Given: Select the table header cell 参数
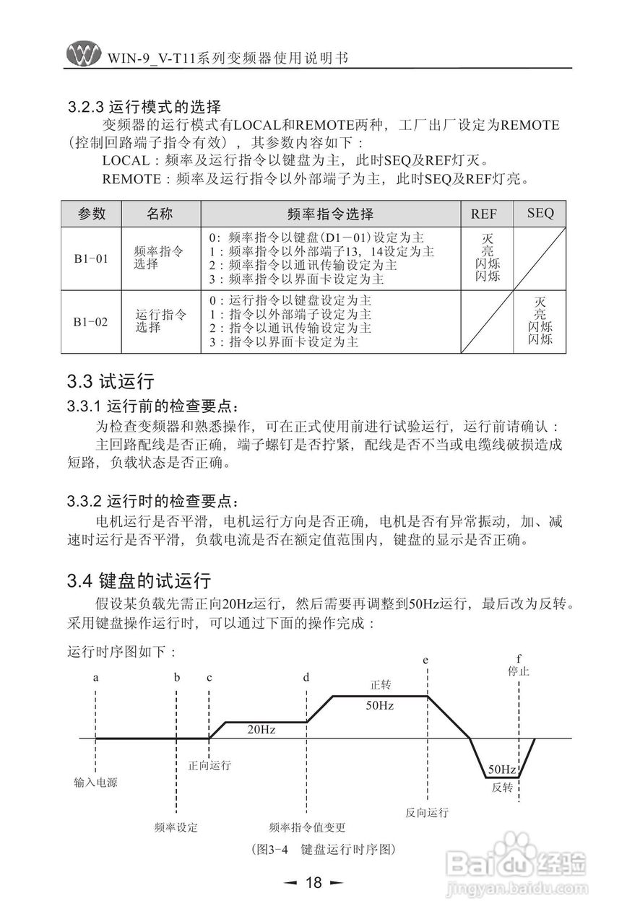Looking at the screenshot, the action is (x=91, y=214).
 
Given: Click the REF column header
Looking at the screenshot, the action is (x=483, y=214).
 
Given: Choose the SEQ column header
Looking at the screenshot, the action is (x=540, y=213).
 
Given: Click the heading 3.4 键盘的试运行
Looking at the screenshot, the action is (x=138, y=580).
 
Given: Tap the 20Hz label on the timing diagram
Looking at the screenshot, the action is (x=261, y=730).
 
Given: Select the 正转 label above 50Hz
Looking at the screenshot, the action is (x=380, y=684).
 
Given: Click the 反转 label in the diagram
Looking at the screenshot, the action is (x=501, y=787).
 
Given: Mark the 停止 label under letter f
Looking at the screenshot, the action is (x=519, y=671).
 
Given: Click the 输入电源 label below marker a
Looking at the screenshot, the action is (x=95, y=782).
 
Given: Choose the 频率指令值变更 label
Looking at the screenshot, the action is (x=307, y=827).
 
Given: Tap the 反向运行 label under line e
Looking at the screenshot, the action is (x=427, y=813).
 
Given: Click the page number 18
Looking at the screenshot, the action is (x=313, y=882).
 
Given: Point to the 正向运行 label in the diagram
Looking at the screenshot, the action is (x=209, y=764).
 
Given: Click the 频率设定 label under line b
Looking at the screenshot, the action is (x=176, y=827).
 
